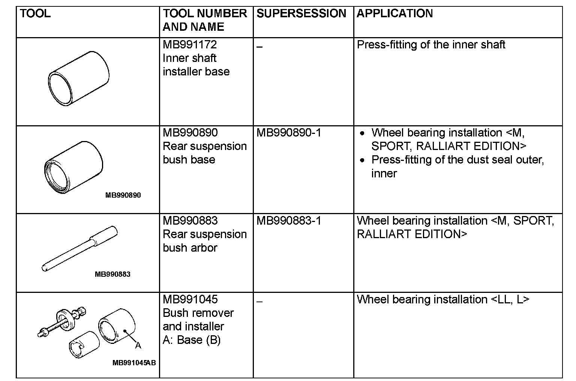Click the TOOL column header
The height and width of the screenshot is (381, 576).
point(35,14)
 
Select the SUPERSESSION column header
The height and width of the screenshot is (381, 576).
point(301,14)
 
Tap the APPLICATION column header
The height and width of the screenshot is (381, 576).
point(394,14)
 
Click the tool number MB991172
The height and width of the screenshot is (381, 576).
point(190,45)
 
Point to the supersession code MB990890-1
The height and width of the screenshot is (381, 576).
point(289,133)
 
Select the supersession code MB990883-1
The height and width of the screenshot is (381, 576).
point(289,221)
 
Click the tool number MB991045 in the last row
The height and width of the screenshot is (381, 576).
point(190,300)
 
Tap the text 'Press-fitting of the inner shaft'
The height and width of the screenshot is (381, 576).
point(431,45)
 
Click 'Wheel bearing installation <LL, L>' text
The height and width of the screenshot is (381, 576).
point(443,300)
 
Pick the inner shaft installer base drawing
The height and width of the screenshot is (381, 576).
point(79,78)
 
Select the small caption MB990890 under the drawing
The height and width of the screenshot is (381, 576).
point(123,195)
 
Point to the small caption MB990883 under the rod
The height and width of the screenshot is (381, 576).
point(112,274)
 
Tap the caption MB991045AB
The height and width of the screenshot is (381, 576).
point(134,363)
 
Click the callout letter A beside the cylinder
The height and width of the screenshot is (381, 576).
point(138,345)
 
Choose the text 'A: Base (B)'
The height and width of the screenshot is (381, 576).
point(192,340)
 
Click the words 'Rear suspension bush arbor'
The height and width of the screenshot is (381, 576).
point(205,241)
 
